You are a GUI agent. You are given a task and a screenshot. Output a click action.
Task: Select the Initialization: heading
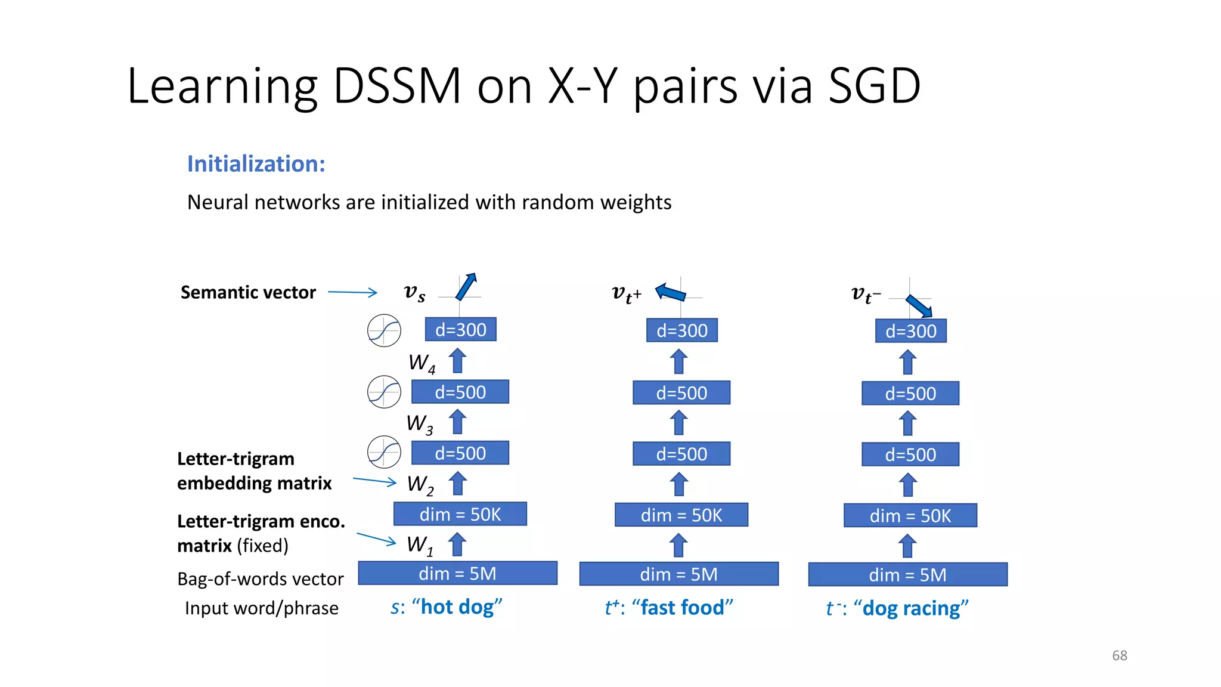(x=256, y=164)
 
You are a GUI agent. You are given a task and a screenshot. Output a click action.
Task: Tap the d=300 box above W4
(x=460, y=329)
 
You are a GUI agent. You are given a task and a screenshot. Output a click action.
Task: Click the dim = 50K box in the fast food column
(x=681, y=515)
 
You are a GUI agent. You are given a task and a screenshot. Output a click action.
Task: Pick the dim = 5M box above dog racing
(x=907, y=574)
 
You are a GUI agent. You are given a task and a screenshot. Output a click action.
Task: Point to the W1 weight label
(x=420, y=545)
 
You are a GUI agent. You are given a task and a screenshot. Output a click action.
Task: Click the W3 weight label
(x=420, y=424)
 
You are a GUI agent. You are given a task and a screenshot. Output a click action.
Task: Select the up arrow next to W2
(x=458, y=484)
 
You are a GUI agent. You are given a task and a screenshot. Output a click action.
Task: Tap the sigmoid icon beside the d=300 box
(x=384, y=330)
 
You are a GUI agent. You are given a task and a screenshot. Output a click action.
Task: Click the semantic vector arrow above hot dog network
(x=466, y=286)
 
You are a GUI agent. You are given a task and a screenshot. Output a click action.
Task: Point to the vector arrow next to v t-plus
(x=671, y=293)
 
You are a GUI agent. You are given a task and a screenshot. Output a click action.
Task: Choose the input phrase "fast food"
(x=682, y=608)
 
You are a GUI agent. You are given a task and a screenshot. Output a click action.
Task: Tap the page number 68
(x=1120, y=655)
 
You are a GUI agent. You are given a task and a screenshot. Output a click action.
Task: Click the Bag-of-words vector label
(x=261, y=579)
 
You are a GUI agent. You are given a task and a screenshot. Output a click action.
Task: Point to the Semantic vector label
(x=248, y=292)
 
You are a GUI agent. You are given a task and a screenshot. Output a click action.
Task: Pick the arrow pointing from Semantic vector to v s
(x=352, y=292)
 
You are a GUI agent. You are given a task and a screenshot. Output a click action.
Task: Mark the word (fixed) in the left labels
(x=262, y=546)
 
